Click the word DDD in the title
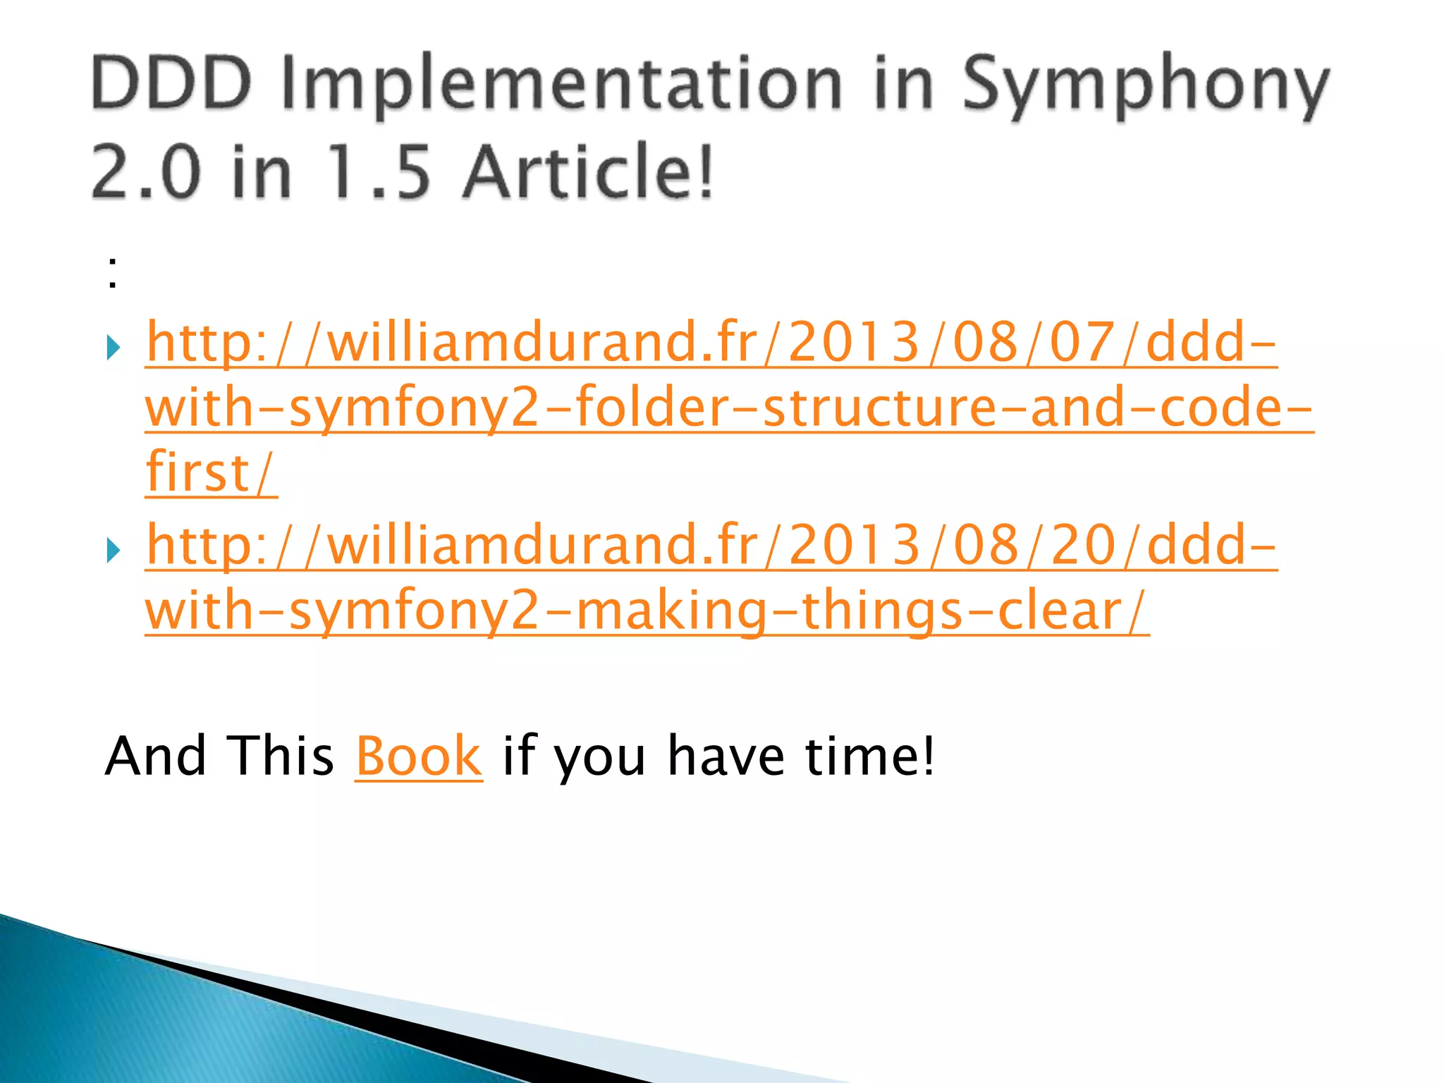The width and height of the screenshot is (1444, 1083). [171, 84]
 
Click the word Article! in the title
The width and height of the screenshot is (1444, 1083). [589, 171]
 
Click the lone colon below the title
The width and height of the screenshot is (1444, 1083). [113, 272]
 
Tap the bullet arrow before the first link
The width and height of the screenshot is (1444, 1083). [114, 347]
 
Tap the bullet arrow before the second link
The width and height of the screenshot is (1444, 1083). [114, 550]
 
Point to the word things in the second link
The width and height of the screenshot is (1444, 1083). [881, 611]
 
